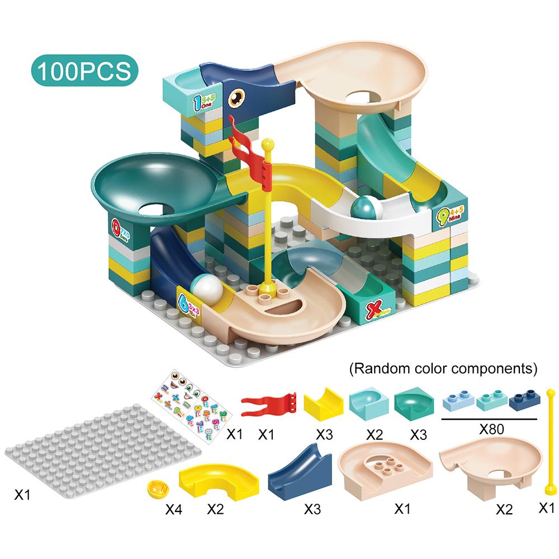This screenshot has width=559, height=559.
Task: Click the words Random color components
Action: coord(443,369)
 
